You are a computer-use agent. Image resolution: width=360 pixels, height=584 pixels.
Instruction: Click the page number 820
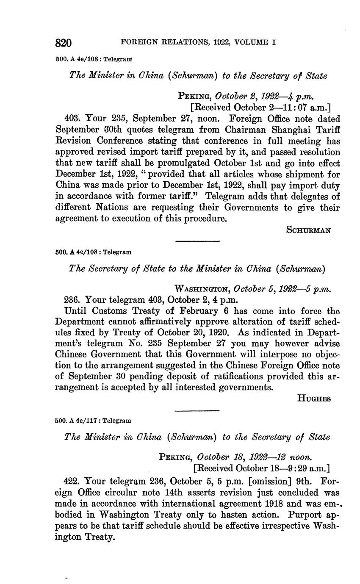tap(64, 43)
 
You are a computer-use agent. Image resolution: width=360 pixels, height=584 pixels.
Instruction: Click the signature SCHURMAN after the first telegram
tap(308, 230)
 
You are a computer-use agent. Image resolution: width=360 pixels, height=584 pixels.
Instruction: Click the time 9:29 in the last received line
tap(294, 469)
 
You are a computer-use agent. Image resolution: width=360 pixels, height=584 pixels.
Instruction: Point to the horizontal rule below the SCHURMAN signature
tap(197, 241)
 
